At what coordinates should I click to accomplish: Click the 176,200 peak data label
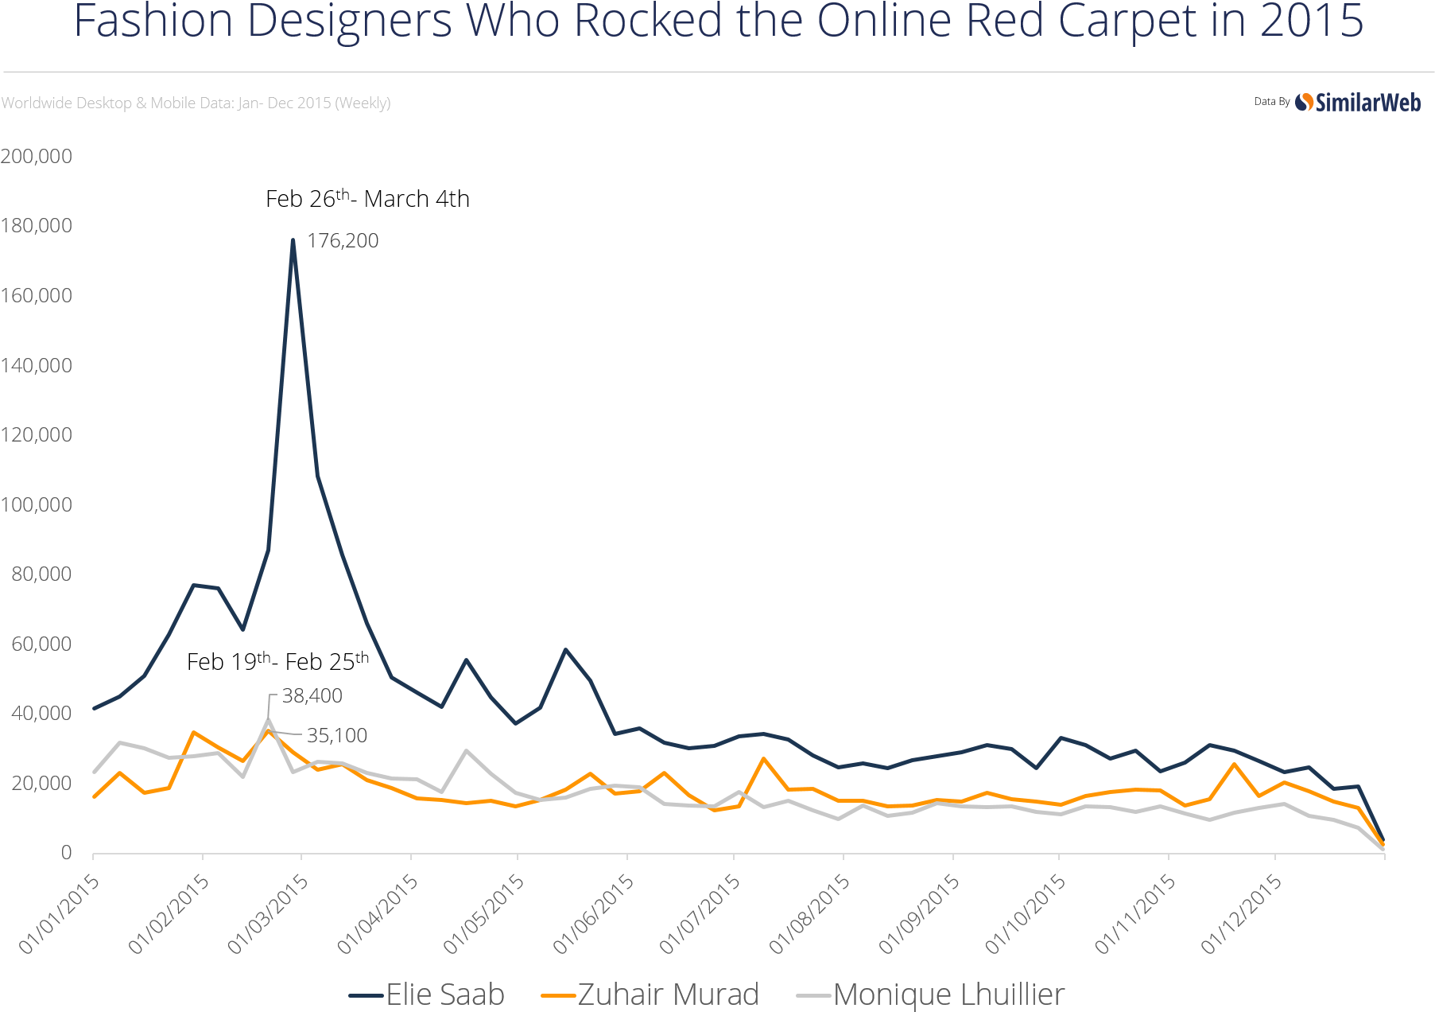tap(343, 240)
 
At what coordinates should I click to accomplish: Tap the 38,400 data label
tap(312, 696)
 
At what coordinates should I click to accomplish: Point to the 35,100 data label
tap(337, 736)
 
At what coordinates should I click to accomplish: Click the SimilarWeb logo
tap(1358, 103)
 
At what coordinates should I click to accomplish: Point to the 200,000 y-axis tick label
tap(37, 156)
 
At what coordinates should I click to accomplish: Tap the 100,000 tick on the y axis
tap(37, 504)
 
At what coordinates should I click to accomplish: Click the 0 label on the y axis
tap(66, 853)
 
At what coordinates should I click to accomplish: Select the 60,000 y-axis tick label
tap(41, 644)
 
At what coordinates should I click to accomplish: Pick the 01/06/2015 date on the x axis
tap(595, 913)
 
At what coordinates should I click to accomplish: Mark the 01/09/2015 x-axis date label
tap(920, 913)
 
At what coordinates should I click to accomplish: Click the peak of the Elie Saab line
tap(293, 239)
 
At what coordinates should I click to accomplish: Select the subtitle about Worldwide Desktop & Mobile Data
tap(196, 103)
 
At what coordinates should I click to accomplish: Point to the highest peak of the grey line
tap(269, 719)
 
